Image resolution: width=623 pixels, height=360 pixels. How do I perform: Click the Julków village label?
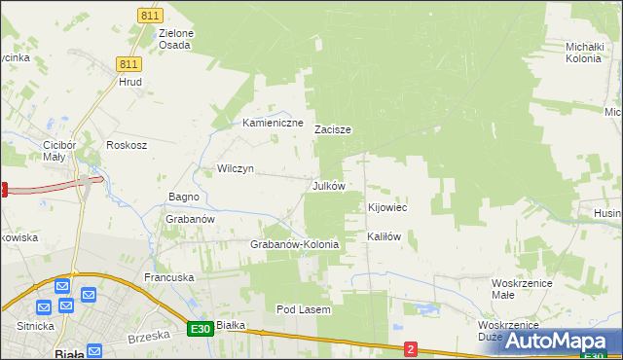328,186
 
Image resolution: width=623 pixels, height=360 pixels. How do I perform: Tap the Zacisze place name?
332,129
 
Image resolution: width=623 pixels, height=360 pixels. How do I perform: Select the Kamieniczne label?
274,124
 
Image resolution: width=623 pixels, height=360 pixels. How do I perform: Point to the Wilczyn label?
236,168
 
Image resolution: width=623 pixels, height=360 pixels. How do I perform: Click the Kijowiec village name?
387,208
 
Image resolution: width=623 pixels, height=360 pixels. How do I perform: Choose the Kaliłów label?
384,236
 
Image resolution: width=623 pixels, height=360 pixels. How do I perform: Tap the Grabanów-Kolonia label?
295,244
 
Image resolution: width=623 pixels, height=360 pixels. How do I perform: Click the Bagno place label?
184,197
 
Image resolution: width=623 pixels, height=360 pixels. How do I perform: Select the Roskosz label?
127,145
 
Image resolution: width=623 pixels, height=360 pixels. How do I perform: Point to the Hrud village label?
130,82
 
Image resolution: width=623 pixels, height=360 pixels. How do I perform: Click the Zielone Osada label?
176,39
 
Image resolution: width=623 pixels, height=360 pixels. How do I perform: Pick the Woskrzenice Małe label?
517,288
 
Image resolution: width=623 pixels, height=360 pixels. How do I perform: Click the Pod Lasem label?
304,309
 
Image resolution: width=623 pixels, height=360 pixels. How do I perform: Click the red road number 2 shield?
411,348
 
